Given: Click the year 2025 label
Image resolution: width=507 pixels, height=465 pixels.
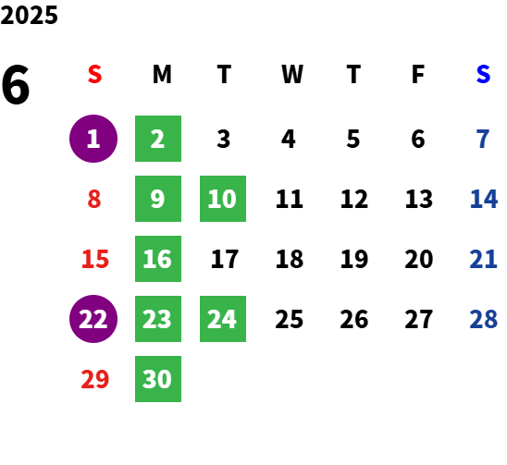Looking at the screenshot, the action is coord(29,15).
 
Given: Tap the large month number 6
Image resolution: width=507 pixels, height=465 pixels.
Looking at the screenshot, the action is coord(16,85).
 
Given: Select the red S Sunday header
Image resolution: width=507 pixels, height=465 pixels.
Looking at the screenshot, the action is coord(94,74).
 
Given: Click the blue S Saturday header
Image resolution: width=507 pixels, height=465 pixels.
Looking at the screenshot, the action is coord(483,74).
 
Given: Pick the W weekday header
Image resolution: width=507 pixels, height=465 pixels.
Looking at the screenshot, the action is coord(292,74).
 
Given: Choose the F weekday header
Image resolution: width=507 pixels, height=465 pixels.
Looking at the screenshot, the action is coord(418,74).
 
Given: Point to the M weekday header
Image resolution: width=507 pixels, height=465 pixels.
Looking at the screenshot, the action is coord(162,74).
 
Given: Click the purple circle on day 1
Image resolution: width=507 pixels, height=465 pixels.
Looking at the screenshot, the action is coord(93,139).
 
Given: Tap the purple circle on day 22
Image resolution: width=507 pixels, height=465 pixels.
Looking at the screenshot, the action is coord(93,319).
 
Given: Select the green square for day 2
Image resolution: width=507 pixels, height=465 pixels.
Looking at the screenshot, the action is coord(158,139).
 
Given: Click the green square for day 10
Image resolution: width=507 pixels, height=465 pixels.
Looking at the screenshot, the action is coord(223,199).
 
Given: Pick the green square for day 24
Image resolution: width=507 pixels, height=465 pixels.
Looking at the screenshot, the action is coord(223,319).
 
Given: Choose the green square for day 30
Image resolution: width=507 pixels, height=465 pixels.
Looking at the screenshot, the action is coord(158,379).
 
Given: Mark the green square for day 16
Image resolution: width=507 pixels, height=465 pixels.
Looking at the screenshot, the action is coord(158,259).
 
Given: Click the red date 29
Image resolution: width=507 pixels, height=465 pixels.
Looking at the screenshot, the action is coord(94,379).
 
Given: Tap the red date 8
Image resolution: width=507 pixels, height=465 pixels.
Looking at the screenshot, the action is coord(94,199).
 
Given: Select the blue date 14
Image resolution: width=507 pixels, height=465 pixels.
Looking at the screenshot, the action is coord(483,199).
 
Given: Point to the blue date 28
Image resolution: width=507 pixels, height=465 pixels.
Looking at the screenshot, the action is coord(483,319).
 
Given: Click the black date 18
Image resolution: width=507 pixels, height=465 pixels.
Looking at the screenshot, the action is coord(290,259).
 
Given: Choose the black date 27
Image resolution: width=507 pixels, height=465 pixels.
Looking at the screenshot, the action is coord(419,319).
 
